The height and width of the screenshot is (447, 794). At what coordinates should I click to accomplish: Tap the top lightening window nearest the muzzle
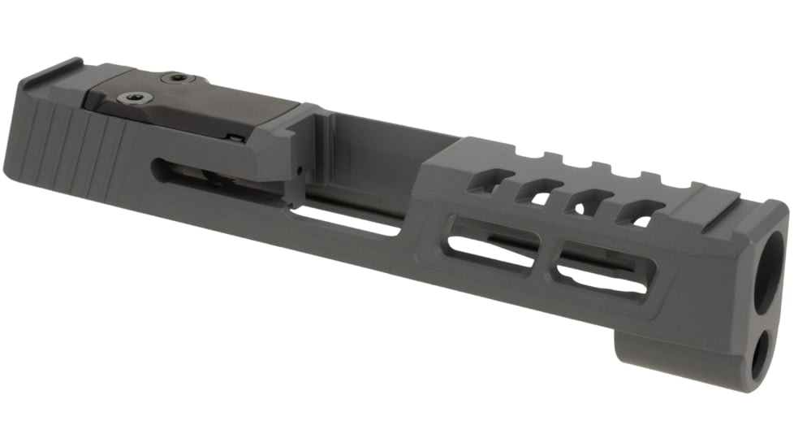(x=637, y=213)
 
